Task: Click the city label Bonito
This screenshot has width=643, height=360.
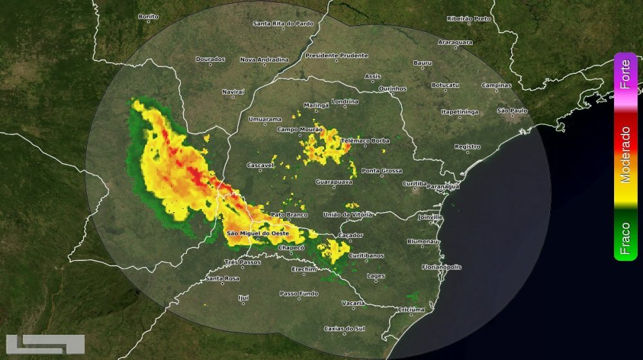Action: point(148,17)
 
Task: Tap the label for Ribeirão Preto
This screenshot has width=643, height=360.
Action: point(469,19)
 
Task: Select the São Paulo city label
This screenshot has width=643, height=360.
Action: point(512,111)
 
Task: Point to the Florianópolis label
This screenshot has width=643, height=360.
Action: point(442,266)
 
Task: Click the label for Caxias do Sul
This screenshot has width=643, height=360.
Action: point(344,328)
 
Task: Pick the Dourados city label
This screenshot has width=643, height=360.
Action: point(210,59)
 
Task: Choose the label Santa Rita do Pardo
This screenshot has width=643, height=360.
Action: point(283,24)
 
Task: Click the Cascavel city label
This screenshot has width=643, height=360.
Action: point(260,165)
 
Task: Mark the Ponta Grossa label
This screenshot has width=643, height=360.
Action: point(381,171)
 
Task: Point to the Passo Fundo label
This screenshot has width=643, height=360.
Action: point(298,293)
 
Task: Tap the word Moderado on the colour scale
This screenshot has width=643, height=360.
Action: point(625,154)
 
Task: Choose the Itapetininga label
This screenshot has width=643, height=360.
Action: point(460,112)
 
